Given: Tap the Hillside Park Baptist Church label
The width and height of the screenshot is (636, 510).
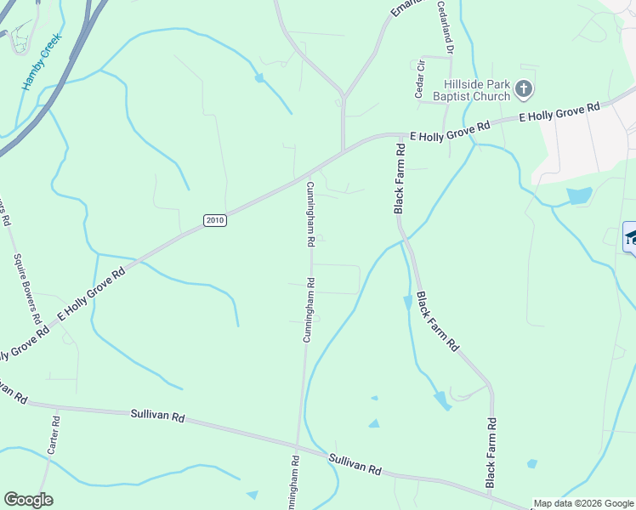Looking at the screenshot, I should coord(477,89).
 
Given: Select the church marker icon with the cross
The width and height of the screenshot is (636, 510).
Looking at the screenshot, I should coord(524,88).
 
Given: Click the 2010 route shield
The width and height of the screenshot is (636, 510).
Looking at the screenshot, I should coord(215,220).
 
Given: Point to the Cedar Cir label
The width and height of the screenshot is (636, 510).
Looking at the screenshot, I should coord(419,79).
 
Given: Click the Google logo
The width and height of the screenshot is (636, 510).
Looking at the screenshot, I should coord(29,499).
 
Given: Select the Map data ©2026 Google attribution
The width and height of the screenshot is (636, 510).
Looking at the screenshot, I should coord(583,503).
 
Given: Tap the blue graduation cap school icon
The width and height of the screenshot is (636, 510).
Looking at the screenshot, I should coord(631,237).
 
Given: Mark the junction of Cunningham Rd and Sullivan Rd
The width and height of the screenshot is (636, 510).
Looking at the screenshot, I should coord(297,445).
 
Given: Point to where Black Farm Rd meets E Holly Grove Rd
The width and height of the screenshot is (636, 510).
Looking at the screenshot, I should coord(400,134).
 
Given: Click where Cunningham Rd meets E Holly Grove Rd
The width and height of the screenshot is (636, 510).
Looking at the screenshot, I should coord(307,177).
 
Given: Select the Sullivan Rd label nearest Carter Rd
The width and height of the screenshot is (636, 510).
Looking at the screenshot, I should coord(158,416).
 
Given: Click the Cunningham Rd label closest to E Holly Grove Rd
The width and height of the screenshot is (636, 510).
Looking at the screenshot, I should coord(311,214).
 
